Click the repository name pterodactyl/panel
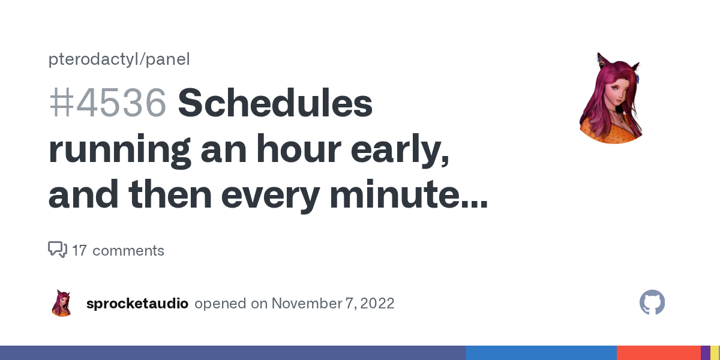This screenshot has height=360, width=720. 119,59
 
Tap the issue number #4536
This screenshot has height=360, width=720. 107,103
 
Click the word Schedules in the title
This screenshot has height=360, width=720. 275,103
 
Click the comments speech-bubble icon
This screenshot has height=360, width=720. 58,250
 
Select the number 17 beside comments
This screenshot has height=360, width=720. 79,251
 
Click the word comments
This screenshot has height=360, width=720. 128,251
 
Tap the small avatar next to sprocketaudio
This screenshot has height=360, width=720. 61,303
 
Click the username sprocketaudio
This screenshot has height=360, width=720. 137,304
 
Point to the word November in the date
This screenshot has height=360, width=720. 307,304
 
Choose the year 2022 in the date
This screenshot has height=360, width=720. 377,304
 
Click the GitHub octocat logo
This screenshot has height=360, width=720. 652,302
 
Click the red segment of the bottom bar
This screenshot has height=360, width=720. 659,353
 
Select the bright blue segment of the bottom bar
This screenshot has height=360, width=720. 541,353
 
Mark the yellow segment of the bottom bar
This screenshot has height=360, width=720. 715,353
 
